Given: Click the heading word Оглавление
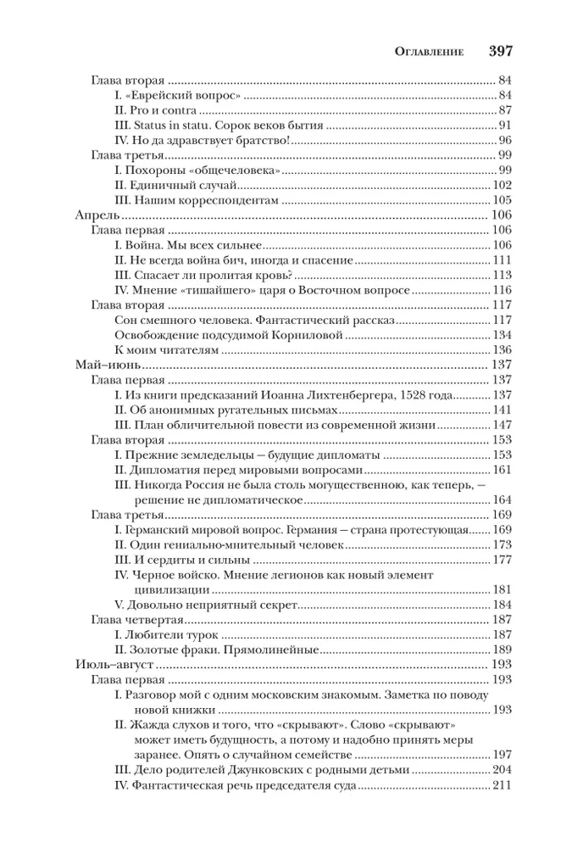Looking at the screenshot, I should coord(430,51).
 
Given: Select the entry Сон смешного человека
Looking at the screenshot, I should coord(253,321).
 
